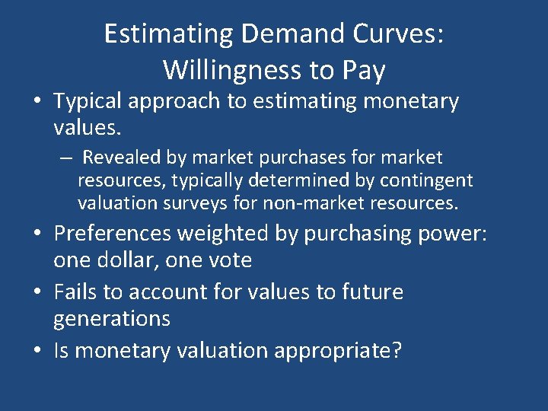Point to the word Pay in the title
click(x=361, y=70)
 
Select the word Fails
click(x=75, y=292)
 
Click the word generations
click(x=112, y=318)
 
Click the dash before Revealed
click(x=67, y=158)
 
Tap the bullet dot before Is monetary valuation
click(x=40, y=351)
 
